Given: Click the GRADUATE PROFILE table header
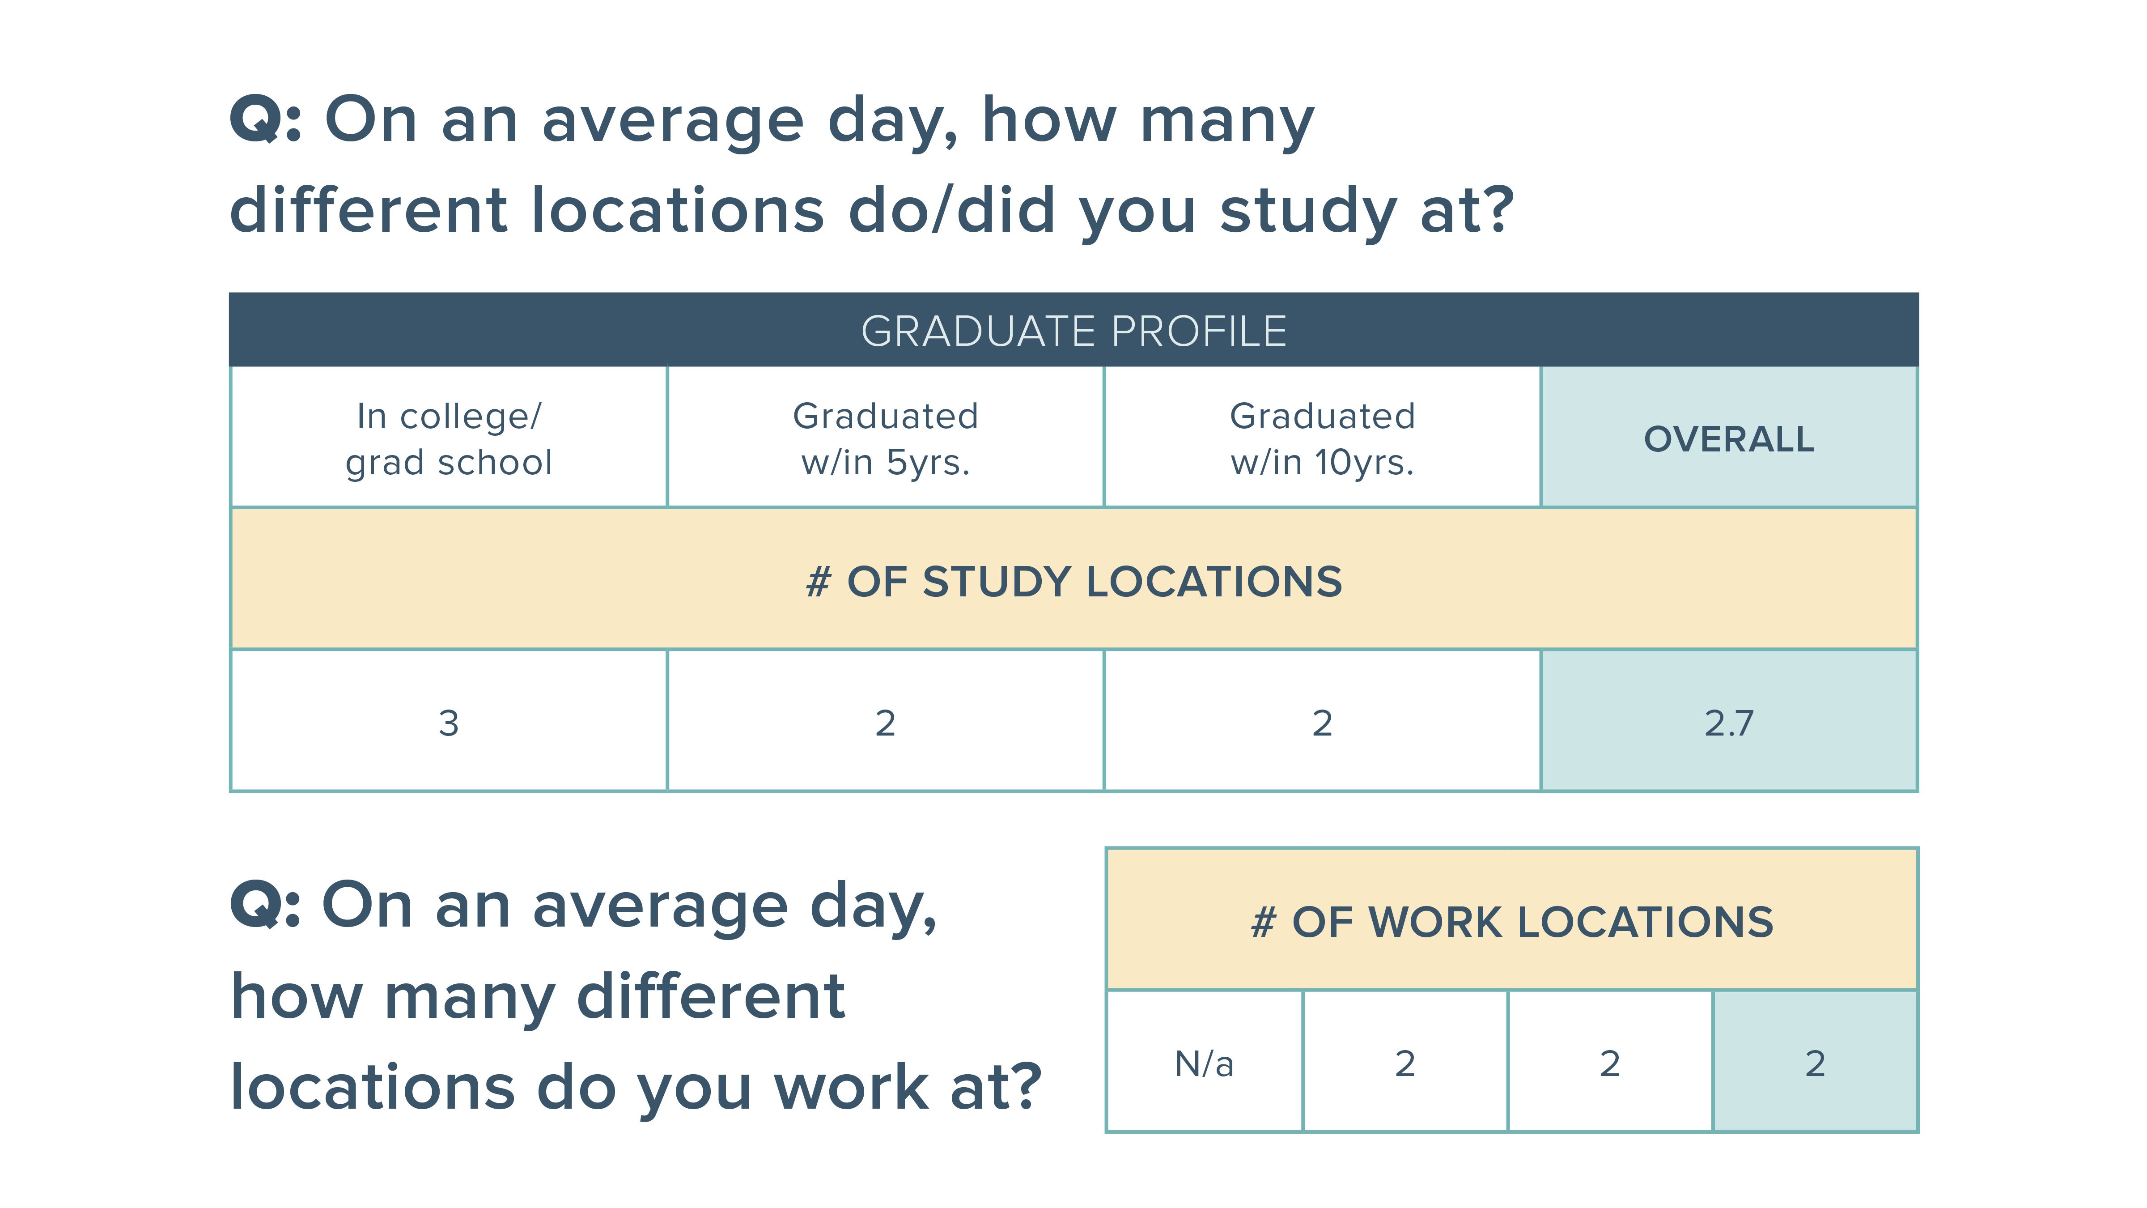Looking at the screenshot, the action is point(1073,331).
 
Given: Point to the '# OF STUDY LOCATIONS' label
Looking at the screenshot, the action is point(1073,581).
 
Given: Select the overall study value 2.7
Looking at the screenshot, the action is point(1729,723).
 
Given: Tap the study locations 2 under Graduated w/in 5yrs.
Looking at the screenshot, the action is point(885,723).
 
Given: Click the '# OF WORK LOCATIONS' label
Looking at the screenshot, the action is point(1512,922).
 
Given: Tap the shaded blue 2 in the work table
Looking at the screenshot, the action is point(1815,1064).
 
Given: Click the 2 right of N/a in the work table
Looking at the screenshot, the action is point(1405,1064).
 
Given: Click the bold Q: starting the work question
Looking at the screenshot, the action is point(265,906).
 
